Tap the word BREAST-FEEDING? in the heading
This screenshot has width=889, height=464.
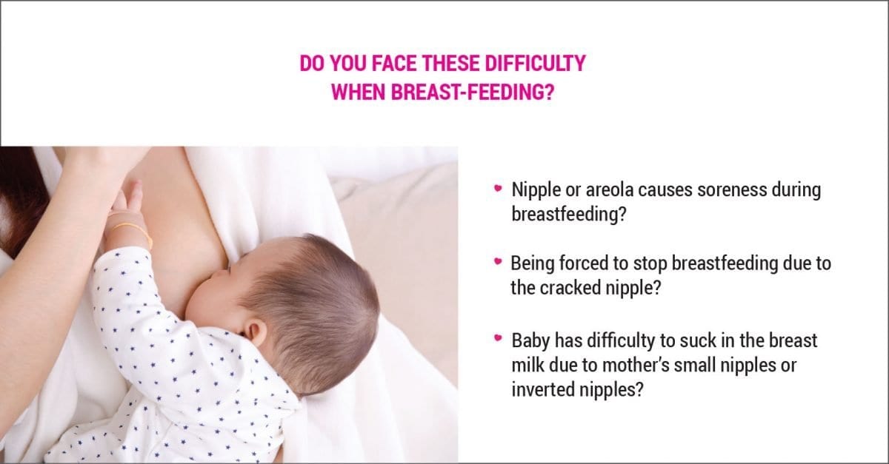coord(473,92)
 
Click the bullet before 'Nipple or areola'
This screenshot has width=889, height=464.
coord(498,188)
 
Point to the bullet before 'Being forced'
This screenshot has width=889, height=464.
coord(498,261)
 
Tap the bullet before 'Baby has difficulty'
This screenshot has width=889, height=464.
coord(498,338)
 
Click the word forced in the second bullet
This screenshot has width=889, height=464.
coord(582,263)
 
